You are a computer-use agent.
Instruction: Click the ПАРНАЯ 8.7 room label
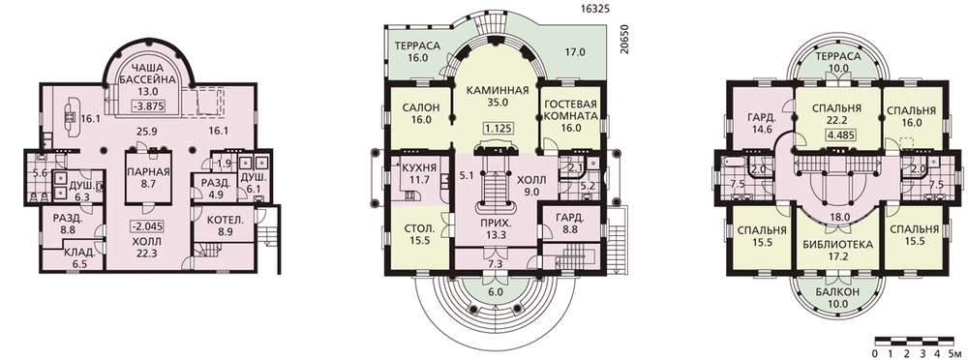pos(148,178)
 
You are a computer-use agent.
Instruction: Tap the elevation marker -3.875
pos(148,105)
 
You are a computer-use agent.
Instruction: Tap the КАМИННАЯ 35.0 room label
pos(497,97)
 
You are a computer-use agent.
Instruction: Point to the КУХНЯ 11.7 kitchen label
pos(419,173)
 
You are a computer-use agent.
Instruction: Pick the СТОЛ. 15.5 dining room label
pos(419,234)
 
